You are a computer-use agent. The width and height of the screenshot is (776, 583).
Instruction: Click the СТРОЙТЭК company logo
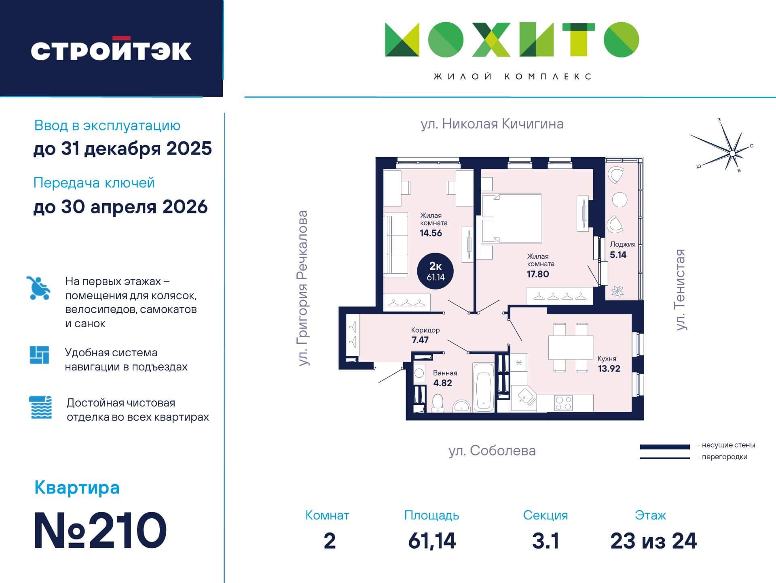pos(111,50)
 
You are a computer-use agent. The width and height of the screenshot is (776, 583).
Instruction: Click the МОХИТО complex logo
pos(512,39)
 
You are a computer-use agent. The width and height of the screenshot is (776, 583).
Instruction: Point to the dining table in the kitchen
pos(570,347)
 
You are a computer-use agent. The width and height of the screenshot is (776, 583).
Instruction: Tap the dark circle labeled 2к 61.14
pos(436,272)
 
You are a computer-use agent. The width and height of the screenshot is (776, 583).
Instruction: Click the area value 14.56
pos(431,233)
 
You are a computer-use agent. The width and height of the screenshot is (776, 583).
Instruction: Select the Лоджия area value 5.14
pos(618,255)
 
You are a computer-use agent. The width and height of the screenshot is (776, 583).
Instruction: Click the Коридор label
pos(425,330)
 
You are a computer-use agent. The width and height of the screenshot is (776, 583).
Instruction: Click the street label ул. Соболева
pos(492,451)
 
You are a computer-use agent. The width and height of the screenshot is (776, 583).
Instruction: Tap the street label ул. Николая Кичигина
pos(492,123)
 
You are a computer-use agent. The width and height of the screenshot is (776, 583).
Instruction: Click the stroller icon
pos(38,288)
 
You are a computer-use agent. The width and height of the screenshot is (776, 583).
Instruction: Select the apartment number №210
pos(100,530)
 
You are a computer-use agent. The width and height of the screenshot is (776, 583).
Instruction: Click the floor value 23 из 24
pos(653,541)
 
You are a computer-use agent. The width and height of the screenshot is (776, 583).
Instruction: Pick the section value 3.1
pos(546,541)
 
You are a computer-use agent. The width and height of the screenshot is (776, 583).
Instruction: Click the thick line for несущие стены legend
pos(664,447)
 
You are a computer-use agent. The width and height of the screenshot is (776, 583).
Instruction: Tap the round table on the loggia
pos(620,199)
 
